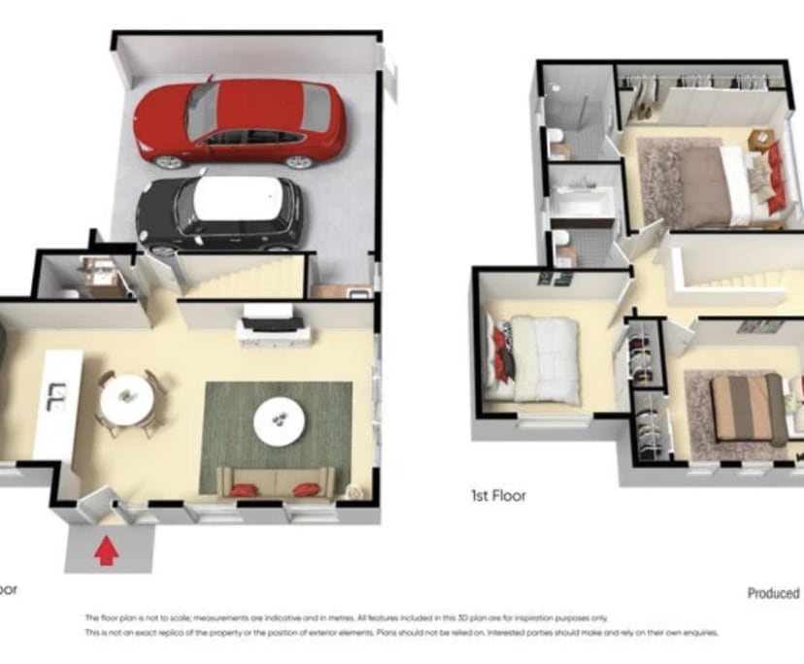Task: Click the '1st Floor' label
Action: coord(497,495)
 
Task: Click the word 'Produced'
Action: coord(773,592)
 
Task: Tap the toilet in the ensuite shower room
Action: coord(556,143)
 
